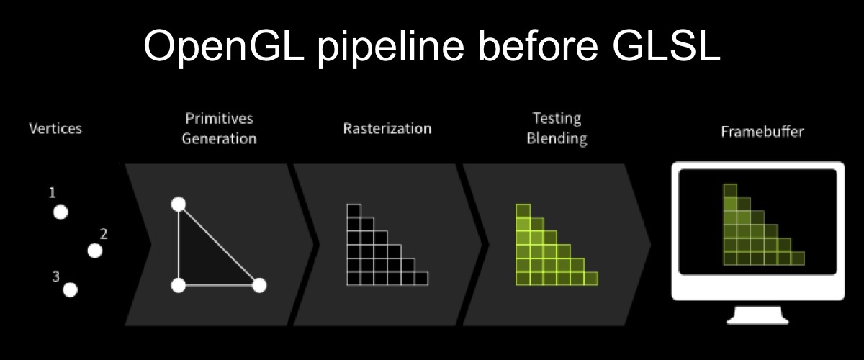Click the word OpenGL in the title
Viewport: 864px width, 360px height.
pos(224,46)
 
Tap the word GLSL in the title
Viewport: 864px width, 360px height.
pos(667,45)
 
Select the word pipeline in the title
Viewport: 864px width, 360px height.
pos(391,48)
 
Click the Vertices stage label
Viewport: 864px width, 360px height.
pos(55,128)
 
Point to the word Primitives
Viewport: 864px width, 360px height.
pos(219,119)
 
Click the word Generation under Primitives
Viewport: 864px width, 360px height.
pos(219,138)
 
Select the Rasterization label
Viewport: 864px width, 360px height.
pos(387,128)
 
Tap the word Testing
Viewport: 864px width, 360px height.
pos(557,119)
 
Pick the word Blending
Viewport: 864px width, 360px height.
pos(557,138)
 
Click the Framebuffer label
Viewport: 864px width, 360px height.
pos(762,132)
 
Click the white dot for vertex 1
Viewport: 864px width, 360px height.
pos(60,212)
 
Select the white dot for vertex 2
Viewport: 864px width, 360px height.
pos(95,251)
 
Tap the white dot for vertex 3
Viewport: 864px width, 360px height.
pos(71,289)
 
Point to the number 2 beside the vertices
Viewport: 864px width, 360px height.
pos(104,233)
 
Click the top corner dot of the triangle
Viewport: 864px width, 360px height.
pos(179,204)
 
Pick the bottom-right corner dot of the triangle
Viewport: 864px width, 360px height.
pos(259,286)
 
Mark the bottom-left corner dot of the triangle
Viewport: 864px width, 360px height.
pos(179,286)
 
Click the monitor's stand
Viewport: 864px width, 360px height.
pos(758,315)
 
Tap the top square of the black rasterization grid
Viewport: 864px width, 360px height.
pos(354,211)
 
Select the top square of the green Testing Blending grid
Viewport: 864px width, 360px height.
pos(523,211)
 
